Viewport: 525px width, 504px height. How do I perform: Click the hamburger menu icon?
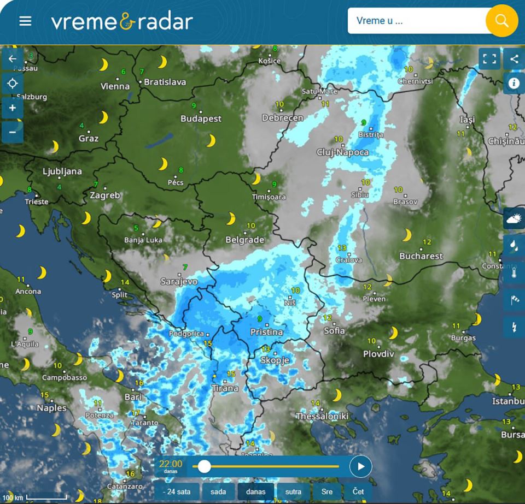click(x=25, y=21)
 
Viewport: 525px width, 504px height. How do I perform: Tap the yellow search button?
click(x=501, y=21)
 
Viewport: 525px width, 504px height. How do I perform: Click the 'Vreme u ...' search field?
click(x=416, y=21)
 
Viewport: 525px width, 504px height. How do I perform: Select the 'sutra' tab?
click(x=293, y=491)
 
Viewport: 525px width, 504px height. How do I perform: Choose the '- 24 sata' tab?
click(x=177, y=491)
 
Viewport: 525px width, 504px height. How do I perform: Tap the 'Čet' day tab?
click(x=358, y=491)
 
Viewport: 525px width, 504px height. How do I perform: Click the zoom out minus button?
click(x=13, y=132)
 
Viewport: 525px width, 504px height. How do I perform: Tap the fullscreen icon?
click(x=489, y=58)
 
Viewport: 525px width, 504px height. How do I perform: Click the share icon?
click(x=514, y=58)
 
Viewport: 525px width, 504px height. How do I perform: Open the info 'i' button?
click(x=514, y=83)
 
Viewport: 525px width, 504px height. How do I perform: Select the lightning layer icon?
click(x=514, y=326)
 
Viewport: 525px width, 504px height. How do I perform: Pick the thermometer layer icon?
click(x=514, y=272)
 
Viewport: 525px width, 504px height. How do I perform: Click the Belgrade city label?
click(x=244, y=240)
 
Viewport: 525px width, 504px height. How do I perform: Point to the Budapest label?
click(x=201, y=118)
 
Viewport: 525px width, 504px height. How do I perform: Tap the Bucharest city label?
click(x=421, y=256)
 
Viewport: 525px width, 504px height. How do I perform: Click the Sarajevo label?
click(x=179, y=282)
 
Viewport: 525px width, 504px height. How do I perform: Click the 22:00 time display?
click(x=171, y=464)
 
